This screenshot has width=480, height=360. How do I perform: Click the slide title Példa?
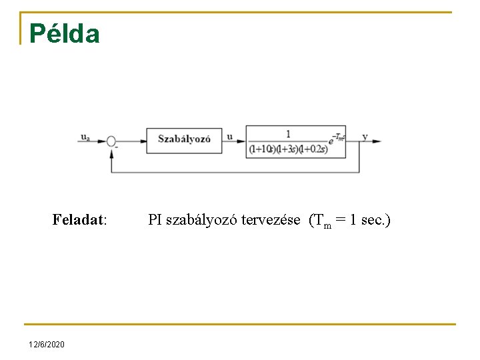(x=64, y=34)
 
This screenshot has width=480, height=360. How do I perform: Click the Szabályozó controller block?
(x=184, y=139)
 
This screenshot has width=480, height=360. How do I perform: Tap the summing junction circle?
(x=111, y=141)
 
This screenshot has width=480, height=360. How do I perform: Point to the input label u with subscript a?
(x=85, y=137)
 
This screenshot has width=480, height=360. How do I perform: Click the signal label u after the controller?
(x=230, y=137)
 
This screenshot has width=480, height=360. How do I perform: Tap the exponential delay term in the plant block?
(x=337, y=137)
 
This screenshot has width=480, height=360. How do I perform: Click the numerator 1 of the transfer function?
(x=288, y=133)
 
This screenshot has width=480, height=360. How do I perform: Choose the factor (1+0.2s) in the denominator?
(x=313, y=149)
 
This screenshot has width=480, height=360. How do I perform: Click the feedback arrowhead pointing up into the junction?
(x=111, y=152)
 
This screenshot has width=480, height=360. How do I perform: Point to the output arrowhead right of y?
(x=377, y=141)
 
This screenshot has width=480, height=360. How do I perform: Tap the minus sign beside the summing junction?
(x=117, y=147)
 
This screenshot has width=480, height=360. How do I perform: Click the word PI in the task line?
(x=154, y=219)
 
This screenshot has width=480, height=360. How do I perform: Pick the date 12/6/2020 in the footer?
(x=47, y=344)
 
